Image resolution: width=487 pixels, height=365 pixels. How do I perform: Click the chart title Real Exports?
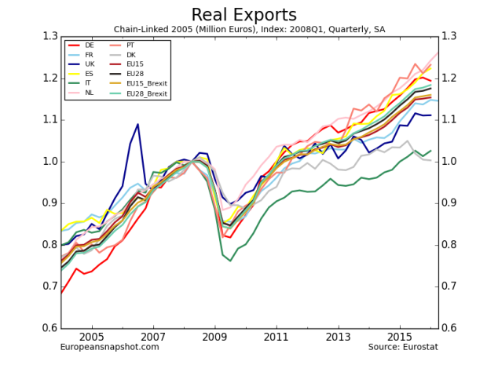243,14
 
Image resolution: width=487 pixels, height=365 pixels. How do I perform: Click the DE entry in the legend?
89,46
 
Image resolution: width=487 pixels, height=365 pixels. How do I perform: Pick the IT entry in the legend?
88,82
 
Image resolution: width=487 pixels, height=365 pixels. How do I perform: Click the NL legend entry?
89,93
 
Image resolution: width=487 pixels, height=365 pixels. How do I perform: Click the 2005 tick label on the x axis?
93,337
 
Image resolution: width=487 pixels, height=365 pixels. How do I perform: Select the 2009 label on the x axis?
214,337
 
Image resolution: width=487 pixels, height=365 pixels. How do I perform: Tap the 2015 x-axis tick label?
398,337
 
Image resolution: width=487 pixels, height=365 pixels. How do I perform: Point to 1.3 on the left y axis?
50,36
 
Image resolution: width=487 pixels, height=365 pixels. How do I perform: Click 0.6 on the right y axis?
451,328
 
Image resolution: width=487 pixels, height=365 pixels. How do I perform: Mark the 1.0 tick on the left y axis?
50,161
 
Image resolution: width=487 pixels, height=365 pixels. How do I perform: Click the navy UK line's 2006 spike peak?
138,124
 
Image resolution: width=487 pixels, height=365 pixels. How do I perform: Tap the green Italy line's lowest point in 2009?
230,261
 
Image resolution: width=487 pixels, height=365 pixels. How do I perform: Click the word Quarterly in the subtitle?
317,28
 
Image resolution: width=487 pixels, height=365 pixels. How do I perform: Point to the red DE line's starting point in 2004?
61,294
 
